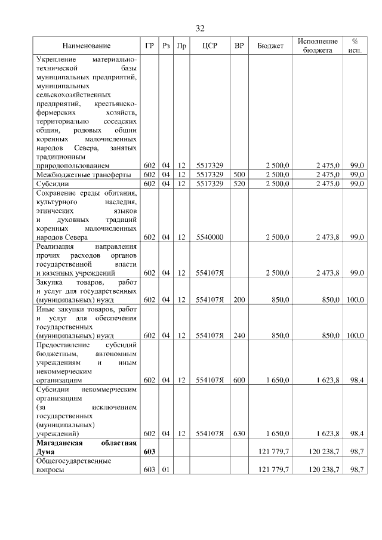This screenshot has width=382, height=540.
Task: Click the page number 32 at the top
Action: tap(200, 28)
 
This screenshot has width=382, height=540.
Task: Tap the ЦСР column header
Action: tap(209, 46)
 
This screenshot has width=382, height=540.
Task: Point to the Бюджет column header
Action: tap(270, 46)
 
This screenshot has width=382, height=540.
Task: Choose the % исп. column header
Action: tap(355, 46)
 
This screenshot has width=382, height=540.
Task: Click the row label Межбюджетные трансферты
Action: tap(75, 174)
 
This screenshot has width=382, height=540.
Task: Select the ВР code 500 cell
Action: tap(239, 174)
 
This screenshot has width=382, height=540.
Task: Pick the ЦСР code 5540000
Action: tap(209, 237)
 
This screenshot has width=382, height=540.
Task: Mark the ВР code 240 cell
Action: tap(239, 336)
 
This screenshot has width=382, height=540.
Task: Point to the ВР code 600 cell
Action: tap(239, 380)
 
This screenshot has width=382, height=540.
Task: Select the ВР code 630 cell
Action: tap(239, 433)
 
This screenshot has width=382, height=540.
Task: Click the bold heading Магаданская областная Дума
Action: tap(86, 448)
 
